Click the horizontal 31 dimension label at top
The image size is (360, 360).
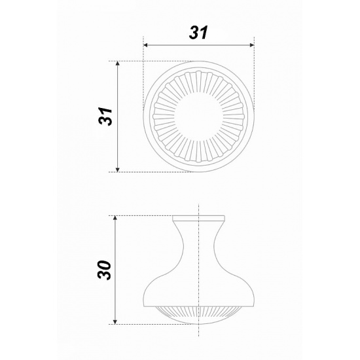pos(198,32)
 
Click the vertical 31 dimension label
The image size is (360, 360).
pos(105,116)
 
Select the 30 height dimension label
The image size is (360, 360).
pos(105,270)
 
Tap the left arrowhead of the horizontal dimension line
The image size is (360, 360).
pos(145,45)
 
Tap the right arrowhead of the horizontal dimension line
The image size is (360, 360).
pos(252,45)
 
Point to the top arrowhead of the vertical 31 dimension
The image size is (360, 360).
pos(118,63)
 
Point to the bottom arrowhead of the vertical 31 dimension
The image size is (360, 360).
pos(118,170)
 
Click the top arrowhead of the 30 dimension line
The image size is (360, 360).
pos(115,218)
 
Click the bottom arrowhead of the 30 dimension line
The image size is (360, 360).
pos(115,322)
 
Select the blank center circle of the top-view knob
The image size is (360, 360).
pos(198,117)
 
